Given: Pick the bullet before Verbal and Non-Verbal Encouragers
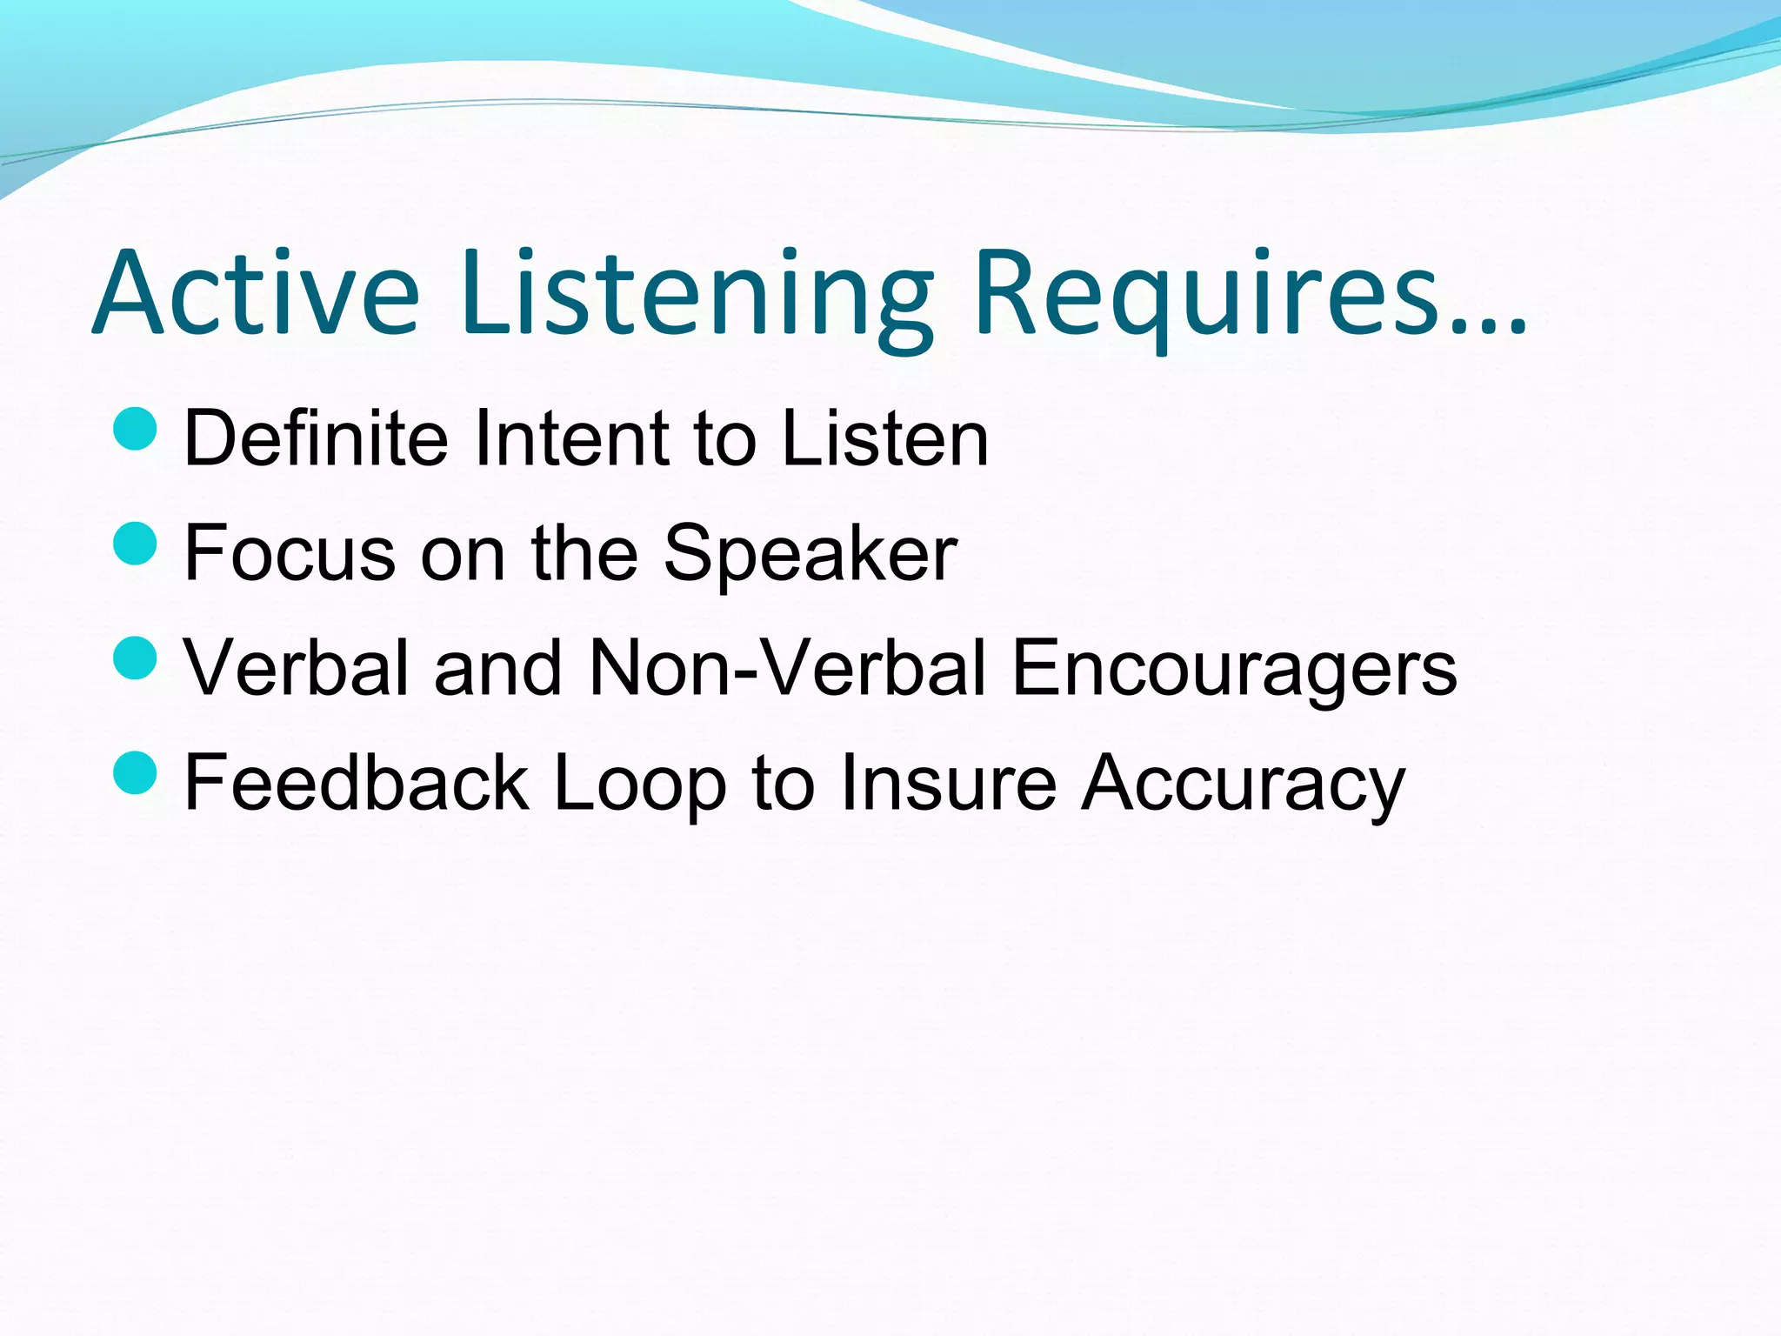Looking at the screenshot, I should click(x=135, y=658).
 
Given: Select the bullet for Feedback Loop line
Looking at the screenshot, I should click(x=135, y=772).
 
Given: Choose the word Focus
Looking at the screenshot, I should click(x=290, y=553).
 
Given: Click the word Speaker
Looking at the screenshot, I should click(x=810, y=553).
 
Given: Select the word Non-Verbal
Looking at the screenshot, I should click(x=788, y=668).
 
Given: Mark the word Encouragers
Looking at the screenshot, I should click(x=1234, y=668).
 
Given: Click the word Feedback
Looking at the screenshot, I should click(x=357, y=783).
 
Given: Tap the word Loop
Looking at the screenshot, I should click(x=639, y=783).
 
